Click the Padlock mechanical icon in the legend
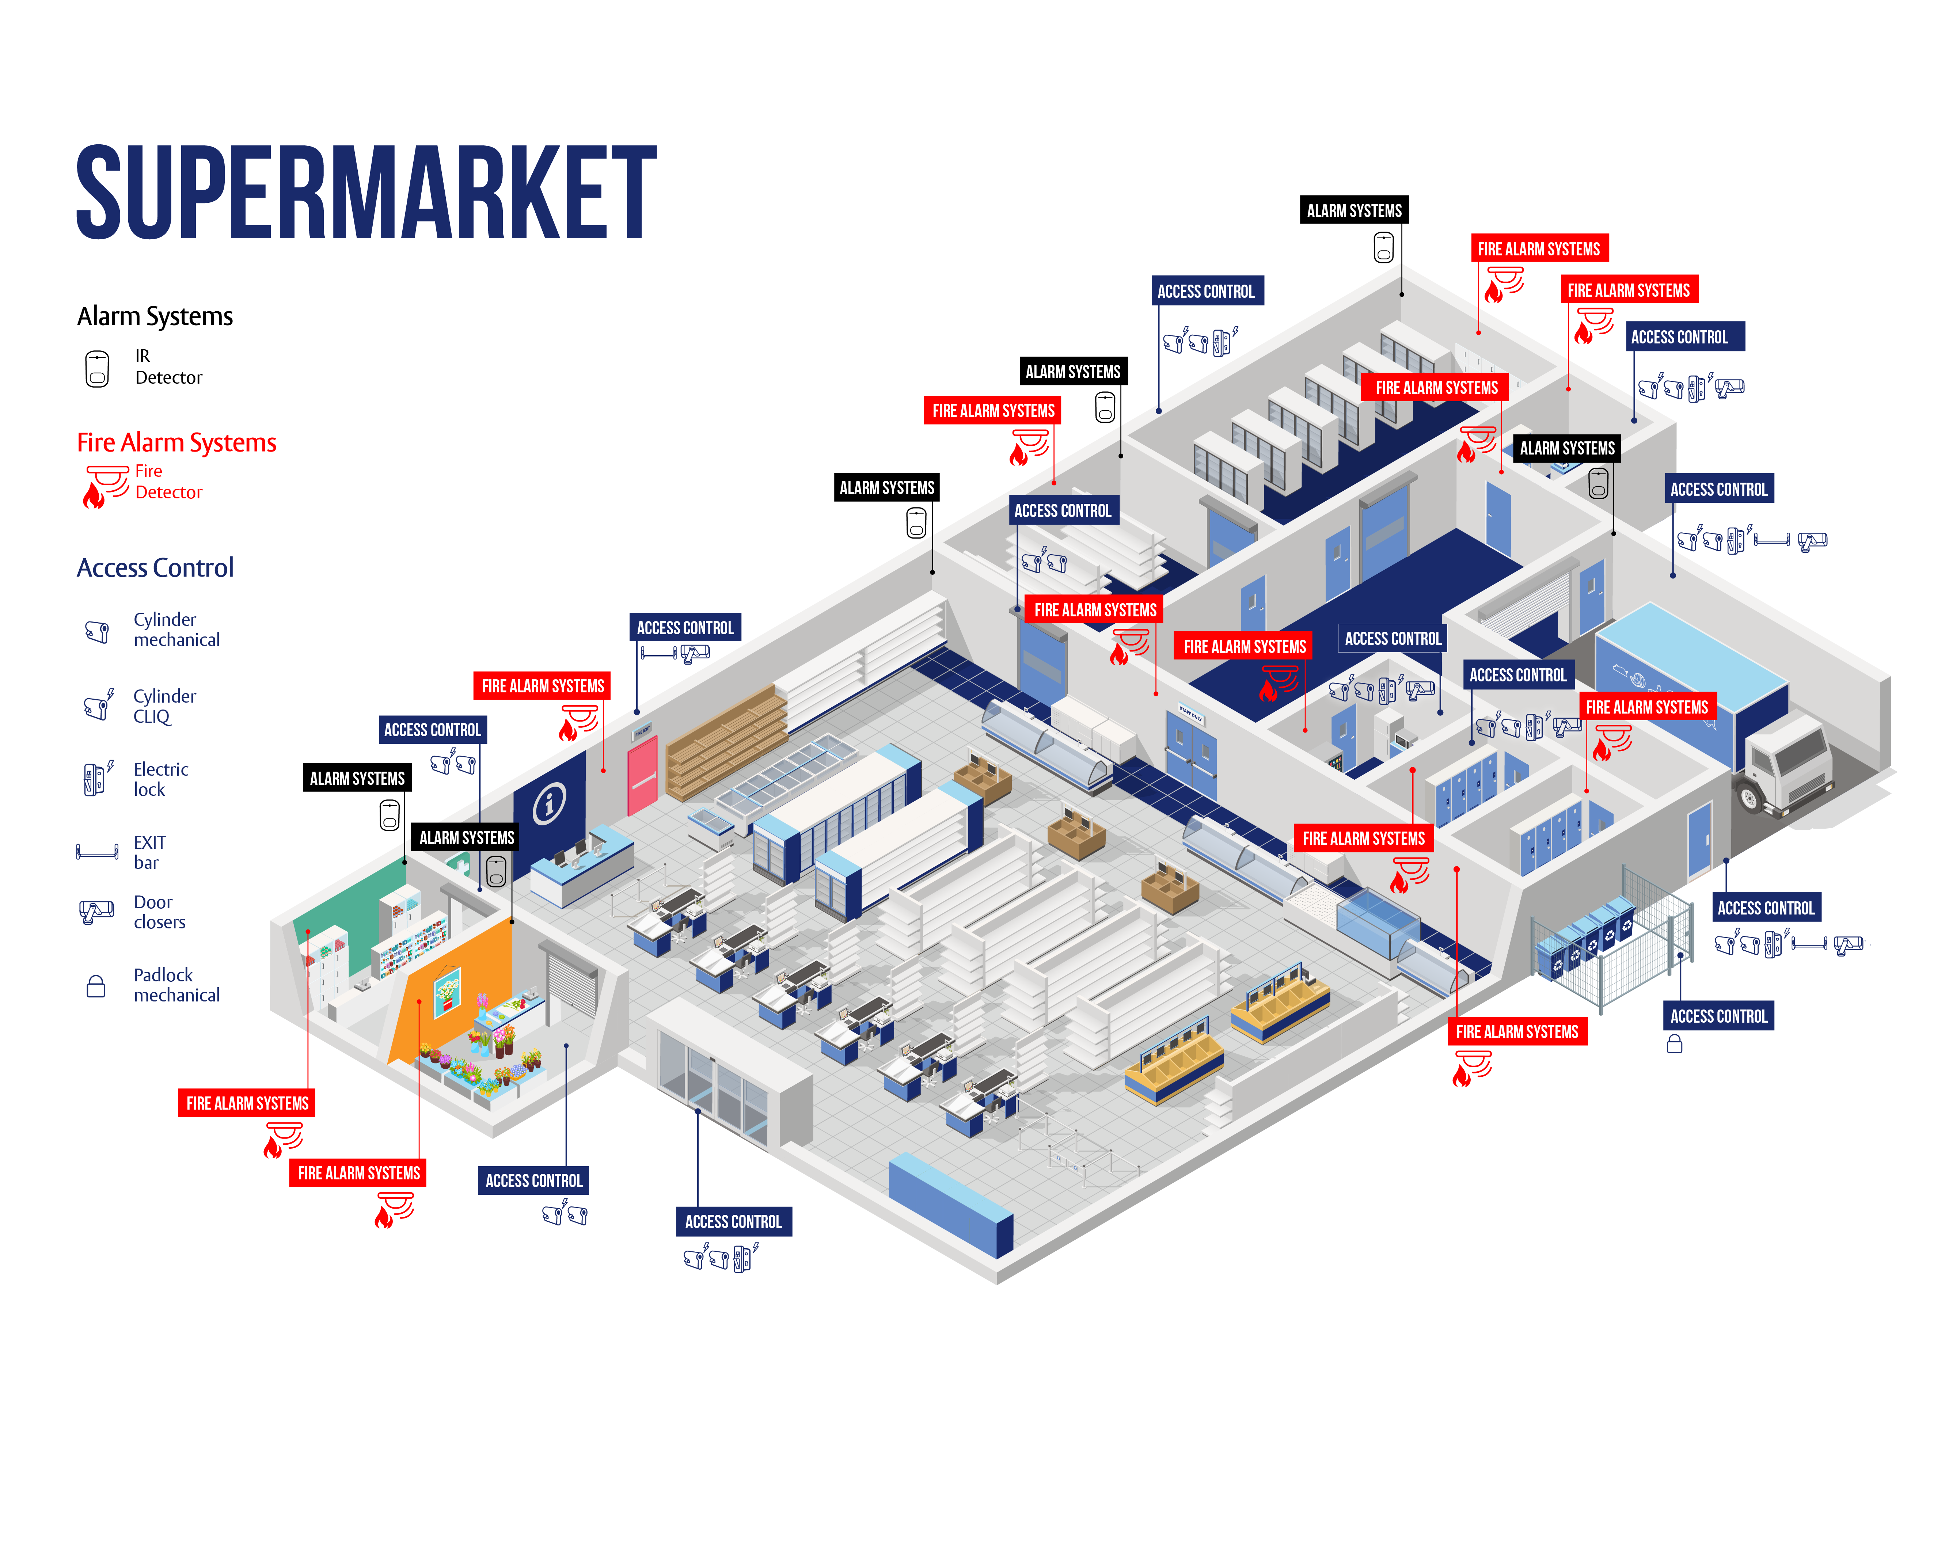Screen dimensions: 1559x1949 coord(96,985)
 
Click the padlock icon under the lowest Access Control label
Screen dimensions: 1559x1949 coord(1674,1045)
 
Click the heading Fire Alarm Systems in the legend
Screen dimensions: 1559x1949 coord(176,443)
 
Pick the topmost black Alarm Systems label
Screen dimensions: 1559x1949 coord(1353,210)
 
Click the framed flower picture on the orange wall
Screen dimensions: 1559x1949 coord(447,989)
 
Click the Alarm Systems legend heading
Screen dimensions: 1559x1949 coord(155,316)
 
